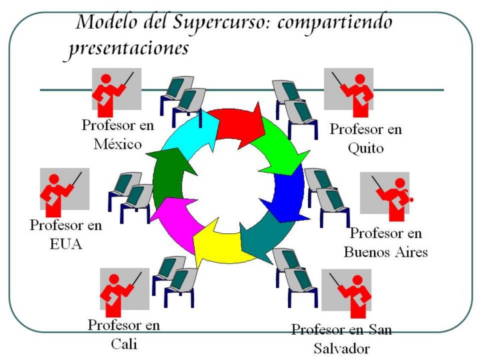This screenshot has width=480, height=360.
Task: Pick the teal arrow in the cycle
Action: (x=263, y=233)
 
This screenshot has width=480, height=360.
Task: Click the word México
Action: (x=117, y=143)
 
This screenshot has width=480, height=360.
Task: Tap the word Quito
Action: (x=365, y=148)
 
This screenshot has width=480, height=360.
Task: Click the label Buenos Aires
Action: (x=385, y=252)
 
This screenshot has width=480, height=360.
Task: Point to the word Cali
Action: (x=124, y=344)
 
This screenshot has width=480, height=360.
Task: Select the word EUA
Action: (x=65, y=244)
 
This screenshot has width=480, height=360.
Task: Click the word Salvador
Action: (x=341, y=348)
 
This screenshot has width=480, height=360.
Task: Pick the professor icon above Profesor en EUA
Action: (x=64, y=193)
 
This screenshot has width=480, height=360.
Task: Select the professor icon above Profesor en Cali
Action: (x=124, y=292)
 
